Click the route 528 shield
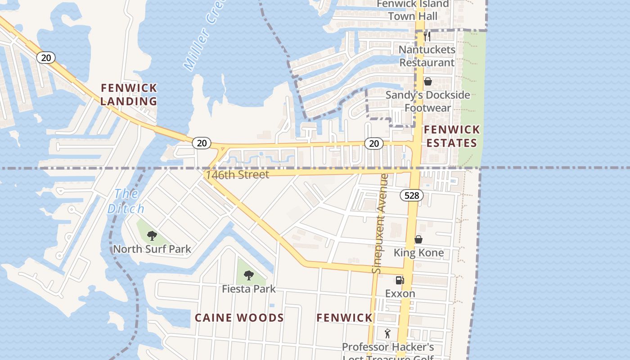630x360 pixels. pos(411,195)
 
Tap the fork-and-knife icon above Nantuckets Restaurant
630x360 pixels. pos(427,36)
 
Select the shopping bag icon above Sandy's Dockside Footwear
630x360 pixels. pos(428,81)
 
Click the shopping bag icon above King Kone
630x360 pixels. pos(418,239)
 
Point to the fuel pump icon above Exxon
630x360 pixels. pos(400,280)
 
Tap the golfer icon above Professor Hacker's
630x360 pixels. pos(387,333)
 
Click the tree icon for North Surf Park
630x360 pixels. pos(152,235)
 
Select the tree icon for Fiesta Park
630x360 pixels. pos(248,275)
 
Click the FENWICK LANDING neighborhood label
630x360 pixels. pos(129,94)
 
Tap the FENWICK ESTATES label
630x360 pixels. pos(452,136)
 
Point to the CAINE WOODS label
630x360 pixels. pos(239,318)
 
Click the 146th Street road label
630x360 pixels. pos(237,175)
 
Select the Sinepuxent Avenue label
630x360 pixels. pos(380,224)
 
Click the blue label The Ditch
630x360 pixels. pos(126,201)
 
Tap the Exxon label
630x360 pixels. pos(400,293)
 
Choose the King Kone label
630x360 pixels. pos(418,252)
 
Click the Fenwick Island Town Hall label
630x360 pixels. pos(413,10)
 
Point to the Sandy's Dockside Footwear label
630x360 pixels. pos(427,101)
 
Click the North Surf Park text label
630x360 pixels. pos(152,249)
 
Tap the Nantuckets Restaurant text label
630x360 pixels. pos(427,56)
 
